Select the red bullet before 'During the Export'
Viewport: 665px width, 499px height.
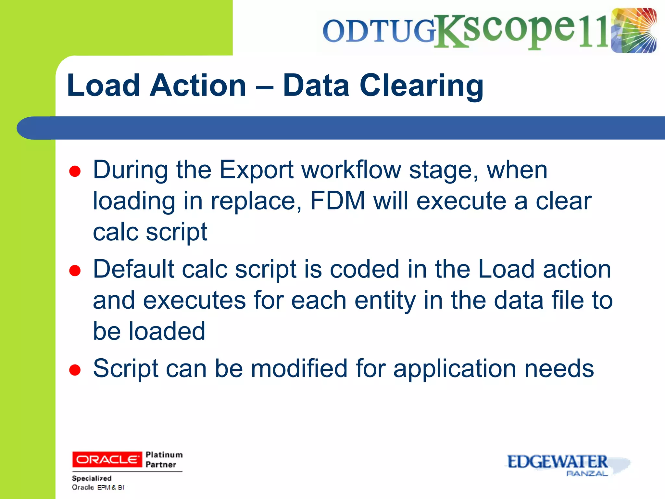[75, 171]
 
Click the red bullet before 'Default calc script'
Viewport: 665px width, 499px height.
[75, 270]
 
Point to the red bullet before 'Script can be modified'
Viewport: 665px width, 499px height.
[75, 370]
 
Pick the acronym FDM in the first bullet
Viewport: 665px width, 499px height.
[338, 201]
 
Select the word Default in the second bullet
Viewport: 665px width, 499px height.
[133, 269]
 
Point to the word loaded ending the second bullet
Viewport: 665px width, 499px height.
[167, 331]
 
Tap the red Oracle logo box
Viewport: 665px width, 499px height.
[107, 459]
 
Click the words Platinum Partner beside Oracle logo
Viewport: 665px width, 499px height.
[164, 459]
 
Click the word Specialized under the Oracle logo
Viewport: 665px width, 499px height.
[92, 478]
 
